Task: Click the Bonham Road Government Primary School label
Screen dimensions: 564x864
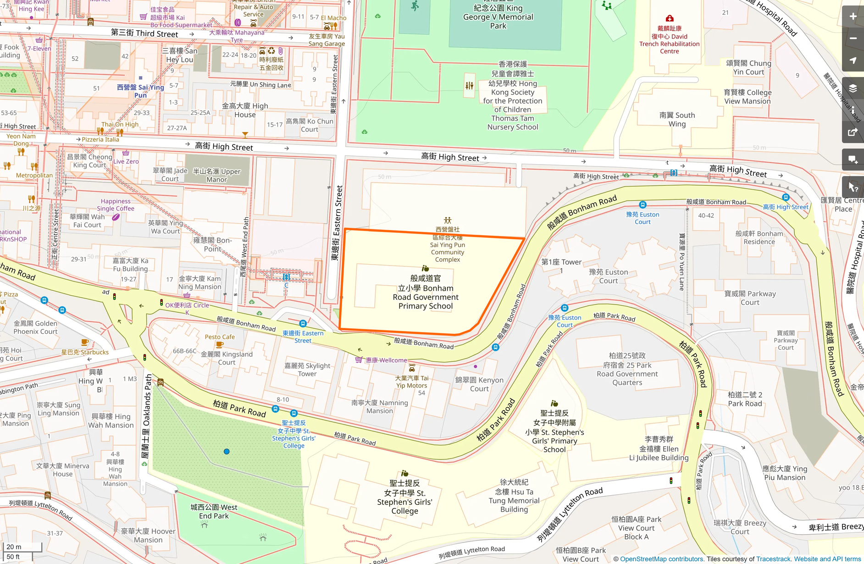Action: click(x=425, y=292)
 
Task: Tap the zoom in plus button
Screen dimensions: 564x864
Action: click(x=853, y=17)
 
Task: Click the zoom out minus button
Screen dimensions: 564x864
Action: click(x=853, y=39)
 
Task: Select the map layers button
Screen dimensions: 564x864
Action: click(x=853, y=88)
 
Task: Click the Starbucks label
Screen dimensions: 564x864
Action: click(x=85, y=352)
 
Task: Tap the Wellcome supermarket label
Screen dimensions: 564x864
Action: click(x=386, y=360)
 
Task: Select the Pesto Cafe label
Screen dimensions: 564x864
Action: click(x=220, y=337)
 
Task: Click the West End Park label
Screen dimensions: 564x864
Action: click(x=214, y=511)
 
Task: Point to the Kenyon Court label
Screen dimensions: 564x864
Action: click(x=479, y=384)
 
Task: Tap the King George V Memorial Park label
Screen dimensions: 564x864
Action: click(x=498, y=17)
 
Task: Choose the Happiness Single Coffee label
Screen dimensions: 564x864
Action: click(x=116, y=205)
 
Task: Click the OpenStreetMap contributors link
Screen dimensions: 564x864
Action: click(x=661, y=559)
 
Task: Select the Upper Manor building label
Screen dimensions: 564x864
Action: click(x=216, y=175)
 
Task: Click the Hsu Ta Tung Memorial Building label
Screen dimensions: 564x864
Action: click(x=514, y=496)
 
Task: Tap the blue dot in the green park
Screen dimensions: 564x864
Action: click(x=227, y=452)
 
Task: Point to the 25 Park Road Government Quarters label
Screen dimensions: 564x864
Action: click(x=627, y=369)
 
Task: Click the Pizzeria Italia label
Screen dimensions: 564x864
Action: click(x=100, y=139)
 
